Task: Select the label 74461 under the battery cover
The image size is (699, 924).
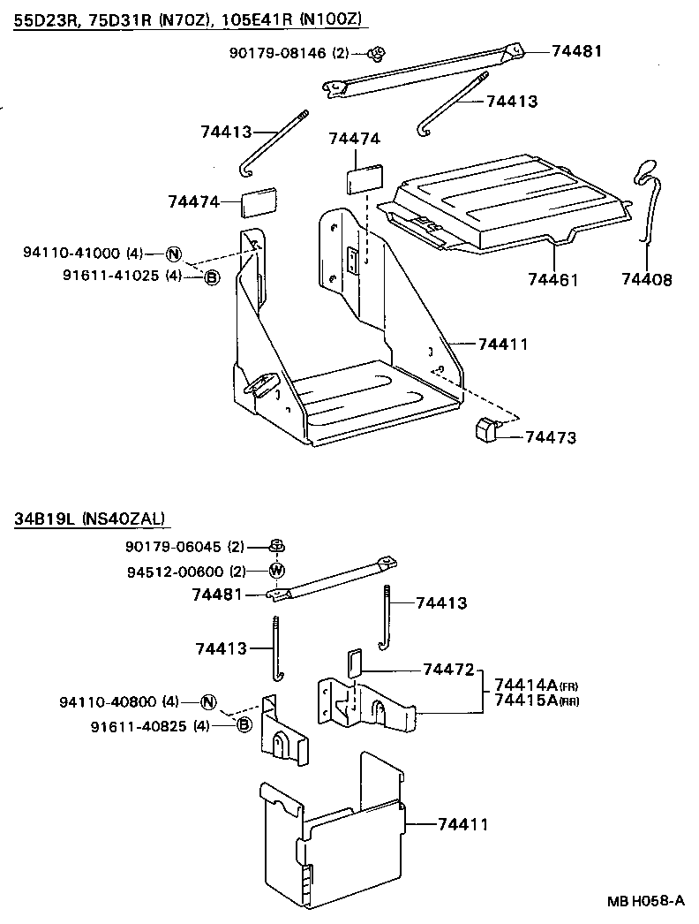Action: coord(552,280)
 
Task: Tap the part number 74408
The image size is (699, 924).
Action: coord(646,280)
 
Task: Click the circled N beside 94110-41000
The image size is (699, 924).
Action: coord(174,254)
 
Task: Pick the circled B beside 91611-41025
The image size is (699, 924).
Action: coord(211,277)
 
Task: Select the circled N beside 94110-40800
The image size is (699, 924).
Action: coord(208,703)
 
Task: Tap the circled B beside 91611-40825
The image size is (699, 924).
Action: coord(244,725)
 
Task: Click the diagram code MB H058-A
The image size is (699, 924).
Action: coord(644,902)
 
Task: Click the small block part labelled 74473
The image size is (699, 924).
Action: coord(486,428)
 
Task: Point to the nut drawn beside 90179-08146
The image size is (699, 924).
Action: coord(377,55)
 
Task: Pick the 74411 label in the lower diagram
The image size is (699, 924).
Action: coord(463,824)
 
